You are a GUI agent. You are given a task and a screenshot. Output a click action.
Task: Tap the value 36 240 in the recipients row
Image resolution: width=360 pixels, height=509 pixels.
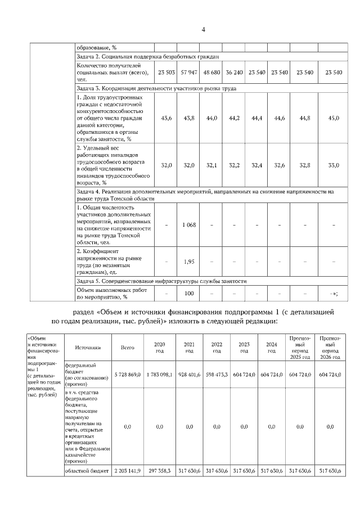234,73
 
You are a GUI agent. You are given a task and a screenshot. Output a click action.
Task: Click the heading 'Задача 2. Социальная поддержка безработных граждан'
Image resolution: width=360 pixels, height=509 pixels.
147,57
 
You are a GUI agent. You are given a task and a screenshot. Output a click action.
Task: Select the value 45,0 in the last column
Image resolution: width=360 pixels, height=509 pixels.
334,118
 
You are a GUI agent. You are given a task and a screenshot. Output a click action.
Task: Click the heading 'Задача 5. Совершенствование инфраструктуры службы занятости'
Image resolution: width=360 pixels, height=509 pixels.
161,281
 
